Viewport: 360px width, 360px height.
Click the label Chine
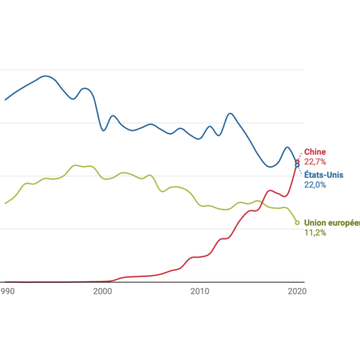coord(314,152)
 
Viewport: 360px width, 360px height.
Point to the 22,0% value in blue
coord(315,185)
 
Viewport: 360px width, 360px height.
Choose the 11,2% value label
coord(315,232)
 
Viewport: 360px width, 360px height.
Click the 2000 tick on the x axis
coord(103,291)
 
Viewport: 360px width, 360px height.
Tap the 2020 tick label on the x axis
coord(297,291)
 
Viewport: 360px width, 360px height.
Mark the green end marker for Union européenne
coord(297,223)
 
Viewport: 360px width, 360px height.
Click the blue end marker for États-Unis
coord(297,165)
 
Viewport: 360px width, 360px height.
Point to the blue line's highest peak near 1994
coord(46,76)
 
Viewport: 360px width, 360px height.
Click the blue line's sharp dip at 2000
coord(103,130)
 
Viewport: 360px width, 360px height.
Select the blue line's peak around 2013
coord(230,113)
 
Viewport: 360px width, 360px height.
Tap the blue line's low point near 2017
coord(269,167)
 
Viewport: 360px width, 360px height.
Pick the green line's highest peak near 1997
coord(76,165)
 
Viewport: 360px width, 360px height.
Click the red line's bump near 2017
coord(270,190)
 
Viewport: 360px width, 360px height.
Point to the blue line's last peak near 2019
coord(287,147)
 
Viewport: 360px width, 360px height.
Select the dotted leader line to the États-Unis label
coord(300,171)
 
